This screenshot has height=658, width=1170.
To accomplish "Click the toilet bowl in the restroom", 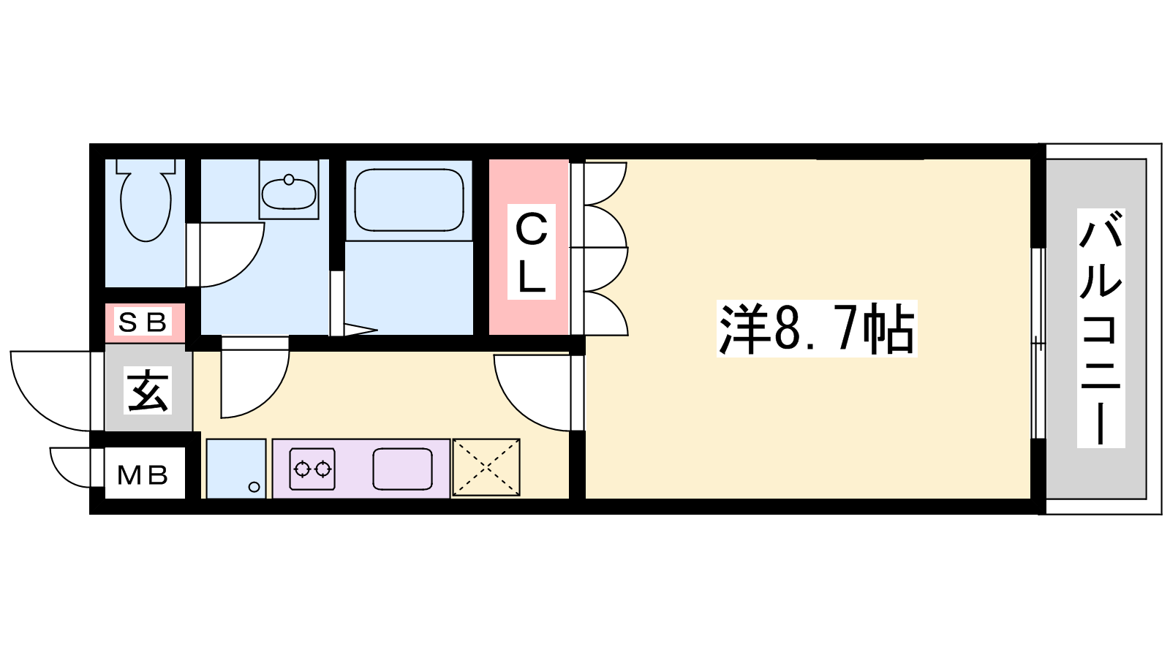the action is coord(146,206).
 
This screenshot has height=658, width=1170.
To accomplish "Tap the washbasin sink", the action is coord(289,194).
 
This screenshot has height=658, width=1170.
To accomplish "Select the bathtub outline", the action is coord(409,200).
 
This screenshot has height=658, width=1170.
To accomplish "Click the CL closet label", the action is coord(531,252).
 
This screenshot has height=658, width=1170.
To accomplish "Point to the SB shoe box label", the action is coord(143,322).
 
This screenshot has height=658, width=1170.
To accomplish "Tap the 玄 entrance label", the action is coord(148,390).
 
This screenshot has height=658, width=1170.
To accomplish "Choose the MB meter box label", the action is coord(143,474).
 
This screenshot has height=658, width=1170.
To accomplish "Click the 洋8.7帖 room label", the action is coord(817,329).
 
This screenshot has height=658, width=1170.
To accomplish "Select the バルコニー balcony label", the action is coord(1101,328).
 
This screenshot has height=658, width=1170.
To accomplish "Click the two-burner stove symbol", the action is coord(312,469).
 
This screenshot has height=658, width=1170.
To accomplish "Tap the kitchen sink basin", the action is coord(403,469).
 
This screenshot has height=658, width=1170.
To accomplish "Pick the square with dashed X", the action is coord(486,467).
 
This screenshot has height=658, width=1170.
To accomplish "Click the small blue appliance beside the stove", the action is coord(236,469).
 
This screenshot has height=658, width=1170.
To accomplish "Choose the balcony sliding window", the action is coord(1038,343).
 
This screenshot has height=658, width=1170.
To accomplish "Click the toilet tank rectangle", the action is coord(146,166).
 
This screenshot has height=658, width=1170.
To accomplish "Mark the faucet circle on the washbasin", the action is coord(289,180).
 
